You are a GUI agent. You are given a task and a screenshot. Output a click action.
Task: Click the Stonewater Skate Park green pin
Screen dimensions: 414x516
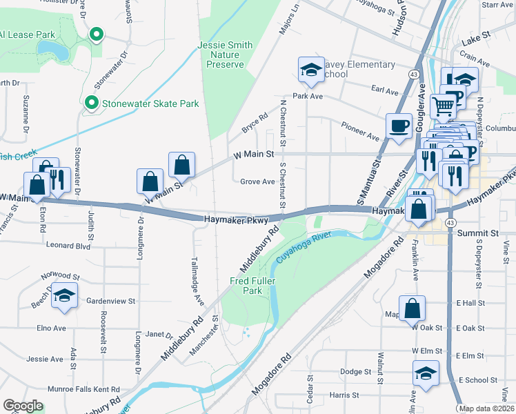pos(90,103)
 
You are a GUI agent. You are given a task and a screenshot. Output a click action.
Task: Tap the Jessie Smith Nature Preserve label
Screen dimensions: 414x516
pos(226,55)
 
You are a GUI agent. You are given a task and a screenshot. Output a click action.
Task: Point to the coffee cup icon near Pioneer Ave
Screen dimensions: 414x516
pos(398,126)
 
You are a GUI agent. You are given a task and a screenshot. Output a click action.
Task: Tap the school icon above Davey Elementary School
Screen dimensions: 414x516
pos(311,70)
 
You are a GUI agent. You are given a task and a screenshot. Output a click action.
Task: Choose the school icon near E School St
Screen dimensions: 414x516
pos(426,373)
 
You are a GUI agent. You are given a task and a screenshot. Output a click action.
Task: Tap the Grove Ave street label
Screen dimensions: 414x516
pos(257,182)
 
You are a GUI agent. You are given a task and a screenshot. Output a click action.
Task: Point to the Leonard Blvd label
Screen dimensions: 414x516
pos(68,245)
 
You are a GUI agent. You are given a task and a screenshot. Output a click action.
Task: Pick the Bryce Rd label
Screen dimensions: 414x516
pos(253,125)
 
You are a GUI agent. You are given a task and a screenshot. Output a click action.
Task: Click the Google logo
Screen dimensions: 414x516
pos(23,406)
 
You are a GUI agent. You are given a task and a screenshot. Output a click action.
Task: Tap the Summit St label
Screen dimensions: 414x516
pos(479,235)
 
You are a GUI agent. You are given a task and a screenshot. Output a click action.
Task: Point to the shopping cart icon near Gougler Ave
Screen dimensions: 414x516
pos(443,106)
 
